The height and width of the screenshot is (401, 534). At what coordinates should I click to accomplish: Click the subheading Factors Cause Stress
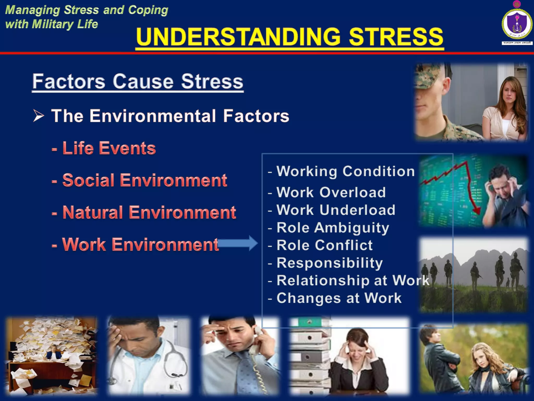pos(138,81)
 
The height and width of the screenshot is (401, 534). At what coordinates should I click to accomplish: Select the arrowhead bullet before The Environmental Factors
pos(39,116)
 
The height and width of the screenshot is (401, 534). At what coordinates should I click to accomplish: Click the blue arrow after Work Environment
pos(238,243)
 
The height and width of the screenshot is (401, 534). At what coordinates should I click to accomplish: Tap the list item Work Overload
pos(331,192)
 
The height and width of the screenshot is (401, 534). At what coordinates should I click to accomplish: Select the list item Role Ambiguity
pos(332,228)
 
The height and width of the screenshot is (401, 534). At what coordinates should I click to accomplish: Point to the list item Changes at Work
pos(338,298)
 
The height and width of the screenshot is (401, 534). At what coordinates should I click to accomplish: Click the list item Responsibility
pos(329,263)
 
